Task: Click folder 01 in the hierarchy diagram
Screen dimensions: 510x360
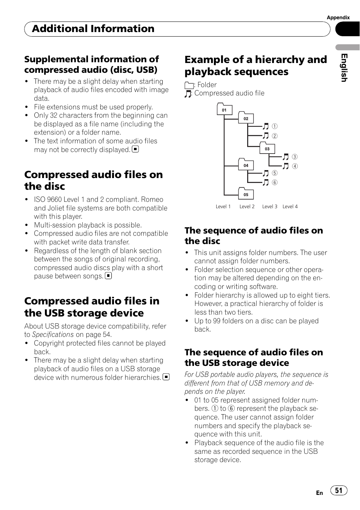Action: click(224, 110)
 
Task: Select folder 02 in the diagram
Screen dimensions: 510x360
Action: click(246, 118)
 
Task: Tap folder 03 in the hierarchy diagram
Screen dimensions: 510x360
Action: click(267, 149)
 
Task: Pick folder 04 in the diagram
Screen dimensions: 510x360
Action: click(246, 165)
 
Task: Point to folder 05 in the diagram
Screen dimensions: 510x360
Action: click(246, 194)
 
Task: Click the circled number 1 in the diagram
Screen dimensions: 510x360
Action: click(275, 126)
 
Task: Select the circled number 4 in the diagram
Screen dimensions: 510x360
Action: click(295, 166)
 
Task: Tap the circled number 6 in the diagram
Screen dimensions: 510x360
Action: click(275, 183)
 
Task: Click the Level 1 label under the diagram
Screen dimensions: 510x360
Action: click(223, 206)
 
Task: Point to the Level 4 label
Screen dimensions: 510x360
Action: click(290, 206)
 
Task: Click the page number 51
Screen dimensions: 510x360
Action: click(339, 490)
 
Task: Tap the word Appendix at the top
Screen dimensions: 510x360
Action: click(338, 17)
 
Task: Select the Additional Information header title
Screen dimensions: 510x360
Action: click(93, 29)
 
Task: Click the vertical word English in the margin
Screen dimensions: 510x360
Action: click(344, 68)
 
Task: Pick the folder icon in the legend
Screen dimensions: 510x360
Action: click(189, 86)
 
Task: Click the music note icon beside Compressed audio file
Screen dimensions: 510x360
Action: click(188, 94)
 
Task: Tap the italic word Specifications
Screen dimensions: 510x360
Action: click(53, 335)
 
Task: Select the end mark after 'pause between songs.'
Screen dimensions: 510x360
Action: click(108, 276)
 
